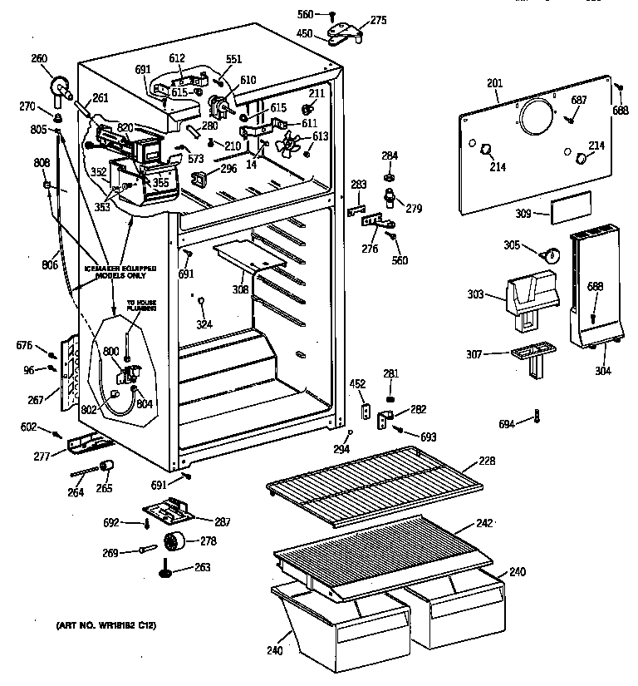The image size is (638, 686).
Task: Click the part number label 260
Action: point(39,58)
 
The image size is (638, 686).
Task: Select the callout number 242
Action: point(484,523)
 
